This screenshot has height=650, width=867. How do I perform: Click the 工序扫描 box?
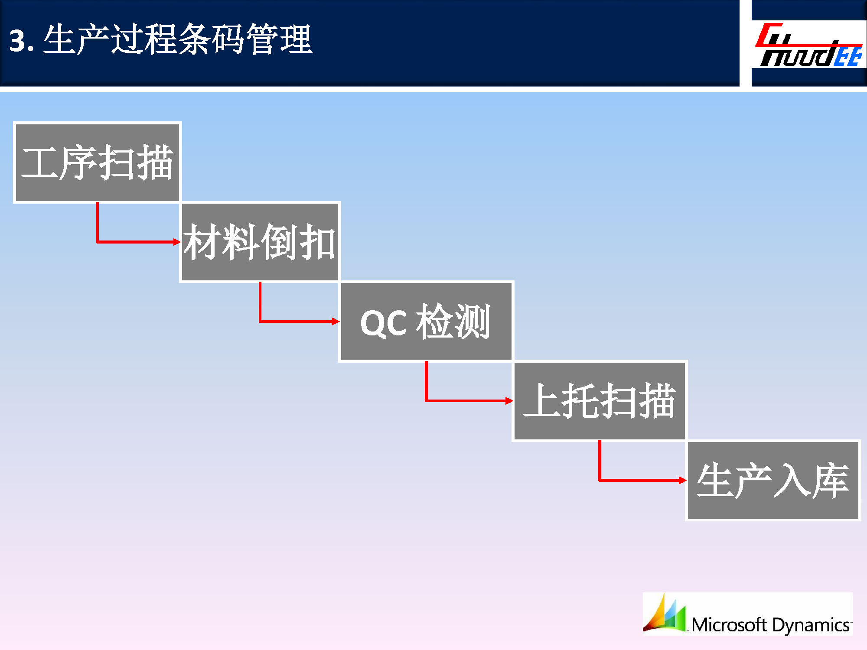(97, 162)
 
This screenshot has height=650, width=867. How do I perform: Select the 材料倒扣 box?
(260, 242)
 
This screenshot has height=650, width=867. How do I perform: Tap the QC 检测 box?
(426, 321)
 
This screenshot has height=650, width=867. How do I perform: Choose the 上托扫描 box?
(600, 401)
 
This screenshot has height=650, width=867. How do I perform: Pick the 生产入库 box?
(773, 480)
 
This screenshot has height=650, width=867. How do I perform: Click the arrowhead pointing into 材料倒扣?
(177, 242)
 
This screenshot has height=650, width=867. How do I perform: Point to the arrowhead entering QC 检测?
(336, 321)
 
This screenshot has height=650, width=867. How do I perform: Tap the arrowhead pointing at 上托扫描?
(509, 401)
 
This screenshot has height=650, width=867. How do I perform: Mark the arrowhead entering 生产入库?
(682, 480)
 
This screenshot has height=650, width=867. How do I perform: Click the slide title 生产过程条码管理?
(178, 39)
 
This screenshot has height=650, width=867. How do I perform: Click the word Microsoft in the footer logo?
(730, 624)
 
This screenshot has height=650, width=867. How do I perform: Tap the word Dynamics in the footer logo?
(811, 625)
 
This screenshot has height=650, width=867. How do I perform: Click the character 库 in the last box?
(830, 480)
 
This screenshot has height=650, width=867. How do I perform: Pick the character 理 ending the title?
(296, 39)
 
